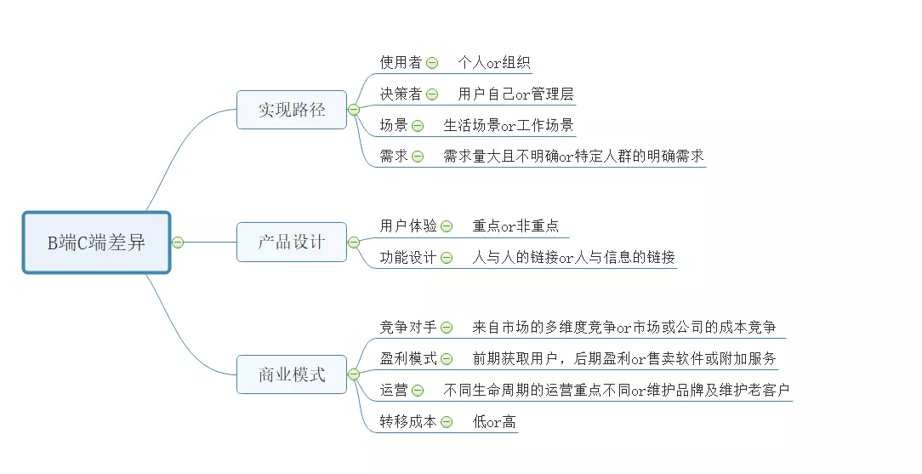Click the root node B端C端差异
[96, 243]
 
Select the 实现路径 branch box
[292, 110]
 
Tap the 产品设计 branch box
[292, 242]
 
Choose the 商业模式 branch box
[292, 374]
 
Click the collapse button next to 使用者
[432, 63]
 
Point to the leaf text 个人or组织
[494, 63]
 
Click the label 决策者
[401, 94]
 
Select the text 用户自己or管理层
[515, 94]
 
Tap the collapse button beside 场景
[418, 126]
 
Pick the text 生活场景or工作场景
[508, 126]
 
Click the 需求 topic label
[394, 157]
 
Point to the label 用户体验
[408, 226]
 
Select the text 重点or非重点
[515, 226]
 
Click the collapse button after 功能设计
[447, 258]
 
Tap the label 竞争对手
[408, 328]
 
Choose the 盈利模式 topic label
[408, 359]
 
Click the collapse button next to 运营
[418, 391]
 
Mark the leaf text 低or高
[494, 422]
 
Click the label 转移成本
[408, 422]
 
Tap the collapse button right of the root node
[178, 243]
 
